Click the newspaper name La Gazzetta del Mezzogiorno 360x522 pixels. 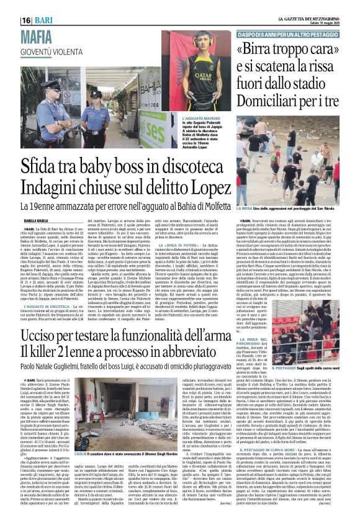point(292,20)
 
